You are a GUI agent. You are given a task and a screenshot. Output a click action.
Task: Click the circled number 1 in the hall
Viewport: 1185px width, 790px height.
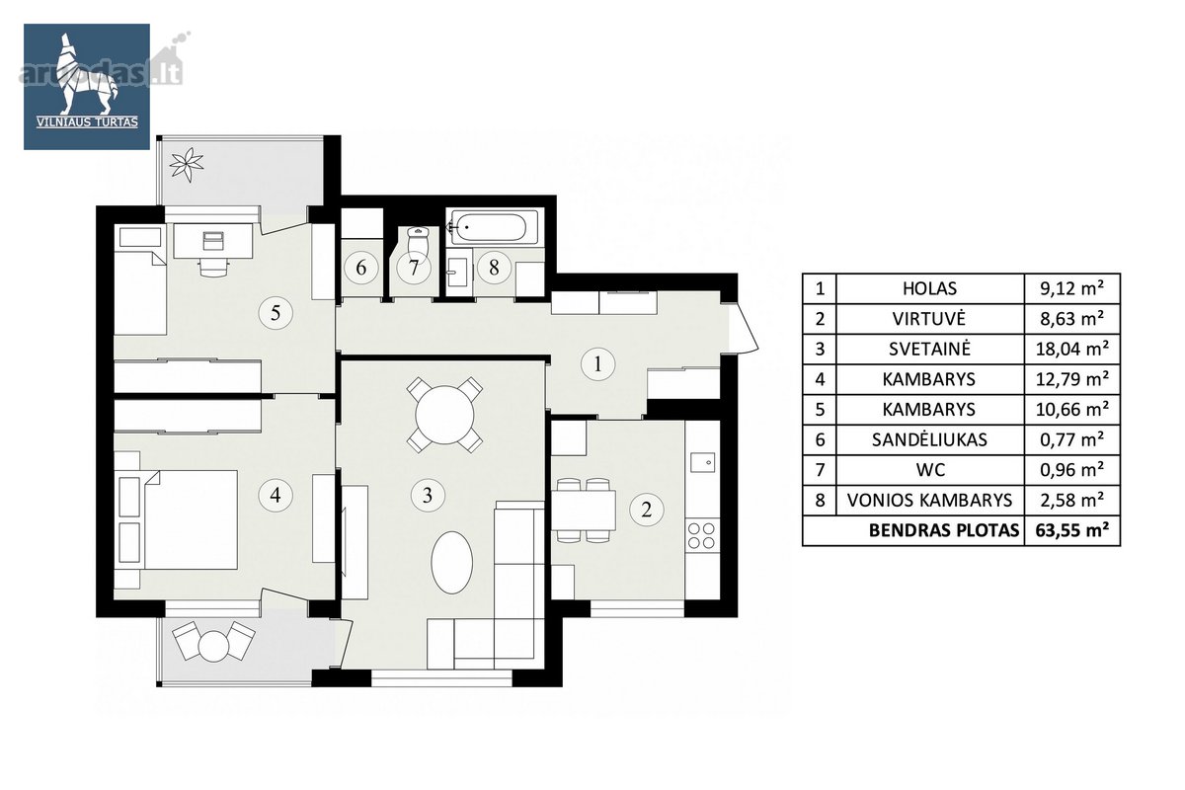(597, 364)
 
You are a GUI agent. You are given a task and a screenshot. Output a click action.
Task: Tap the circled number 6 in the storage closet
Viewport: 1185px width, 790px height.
(361, 268)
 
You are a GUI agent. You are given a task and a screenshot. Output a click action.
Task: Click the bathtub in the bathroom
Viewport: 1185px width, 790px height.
(493, 227)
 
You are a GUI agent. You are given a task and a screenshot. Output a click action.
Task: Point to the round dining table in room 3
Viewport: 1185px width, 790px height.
(444, 415)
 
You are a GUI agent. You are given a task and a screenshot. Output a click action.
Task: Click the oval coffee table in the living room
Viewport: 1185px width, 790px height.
(451, 563)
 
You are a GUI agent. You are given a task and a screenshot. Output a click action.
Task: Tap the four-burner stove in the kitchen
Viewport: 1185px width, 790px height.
(701, 535)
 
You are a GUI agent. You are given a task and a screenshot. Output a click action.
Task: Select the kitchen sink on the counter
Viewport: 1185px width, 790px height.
(703, 462)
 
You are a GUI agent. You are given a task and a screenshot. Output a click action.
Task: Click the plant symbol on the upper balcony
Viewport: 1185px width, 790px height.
(187, 165)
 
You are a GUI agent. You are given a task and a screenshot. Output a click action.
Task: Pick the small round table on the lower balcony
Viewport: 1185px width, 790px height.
(213, 646)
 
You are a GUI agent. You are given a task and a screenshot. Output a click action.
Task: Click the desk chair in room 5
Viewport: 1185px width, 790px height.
(213, 268)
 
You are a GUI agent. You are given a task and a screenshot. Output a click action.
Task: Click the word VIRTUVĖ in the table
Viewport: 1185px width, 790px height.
(929, 319)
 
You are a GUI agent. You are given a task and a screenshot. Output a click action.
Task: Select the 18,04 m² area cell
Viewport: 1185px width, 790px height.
(1071, 349)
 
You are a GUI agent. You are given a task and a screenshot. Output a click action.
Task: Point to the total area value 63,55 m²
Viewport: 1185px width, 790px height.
(1071, 530)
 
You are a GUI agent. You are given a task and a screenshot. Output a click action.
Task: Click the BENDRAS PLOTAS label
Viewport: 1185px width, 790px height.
(944, 530)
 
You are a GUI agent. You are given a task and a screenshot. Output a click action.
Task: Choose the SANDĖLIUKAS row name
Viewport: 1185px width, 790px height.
(929, 439)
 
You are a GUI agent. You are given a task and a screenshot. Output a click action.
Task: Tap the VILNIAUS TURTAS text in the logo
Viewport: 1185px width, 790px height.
(87, 122)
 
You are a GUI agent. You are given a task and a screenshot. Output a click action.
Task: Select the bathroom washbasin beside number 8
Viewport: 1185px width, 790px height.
(457, 273)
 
